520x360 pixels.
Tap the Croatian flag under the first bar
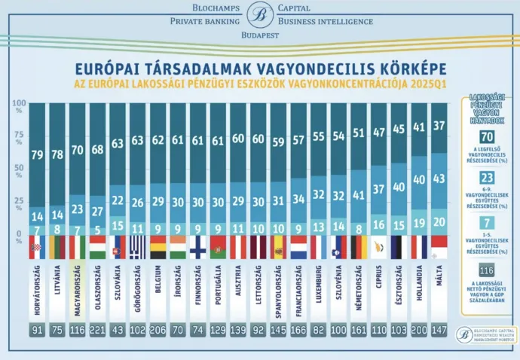pyautogui.click(x=37, y=246)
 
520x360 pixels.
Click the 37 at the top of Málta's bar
pyautogui.click(x=438, y=125)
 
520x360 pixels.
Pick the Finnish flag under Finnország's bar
pyautogui.click(x=198, y=246)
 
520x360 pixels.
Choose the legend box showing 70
pyautogui.click(x=486, y=136)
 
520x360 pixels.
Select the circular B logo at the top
pyautogui.click(x=261, y=14)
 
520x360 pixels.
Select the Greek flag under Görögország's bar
pyautogui.click(x=138, y=246)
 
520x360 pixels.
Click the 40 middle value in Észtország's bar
pyautogui.click(x=398, y=187)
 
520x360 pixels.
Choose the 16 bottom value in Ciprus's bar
pyautogui.click(x=378, y=224)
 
